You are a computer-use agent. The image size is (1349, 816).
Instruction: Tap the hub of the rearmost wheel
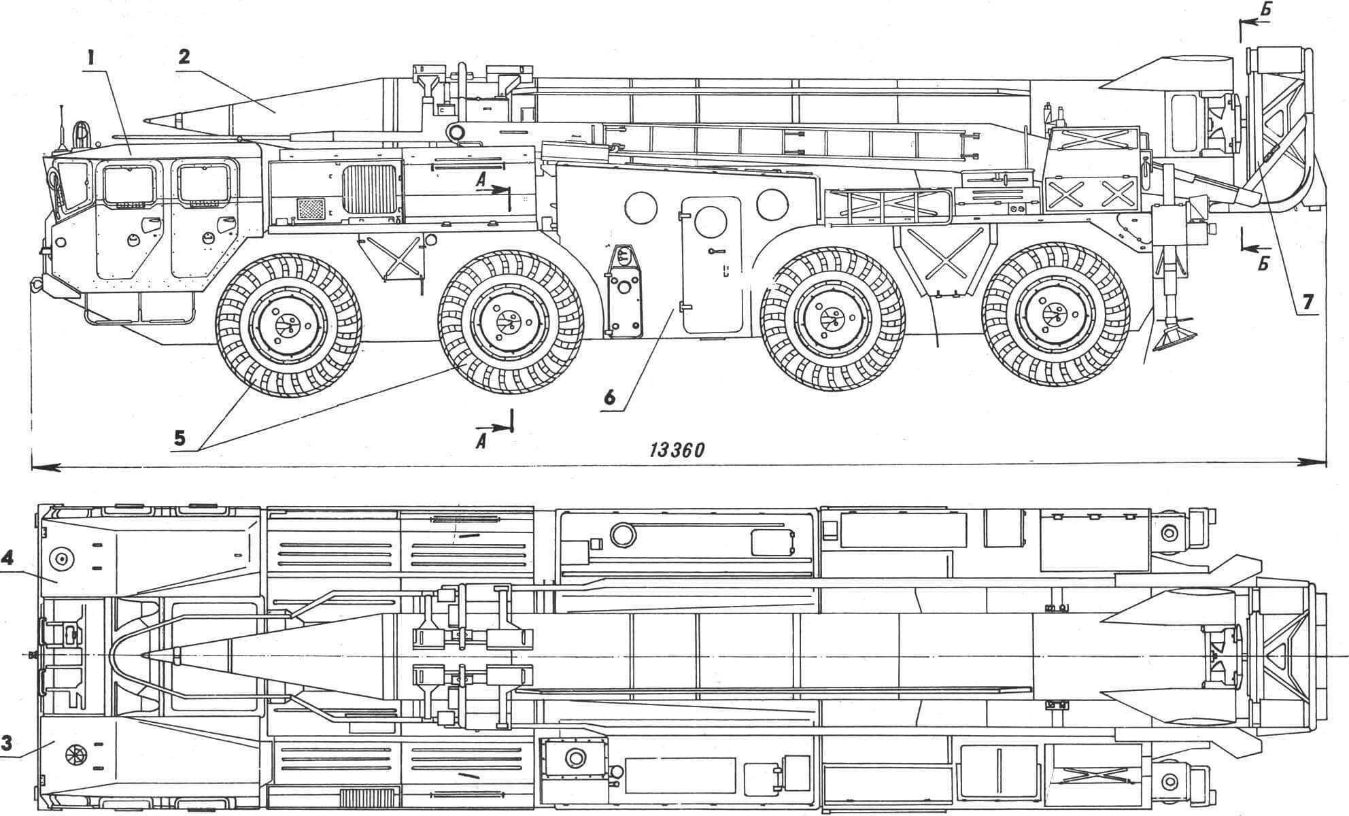click(1054, 315)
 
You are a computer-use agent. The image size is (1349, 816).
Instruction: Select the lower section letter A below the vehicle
click(481, 441)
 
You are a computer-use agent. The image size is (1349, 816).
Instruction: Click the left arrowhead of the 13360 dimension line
click(41, 466)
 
